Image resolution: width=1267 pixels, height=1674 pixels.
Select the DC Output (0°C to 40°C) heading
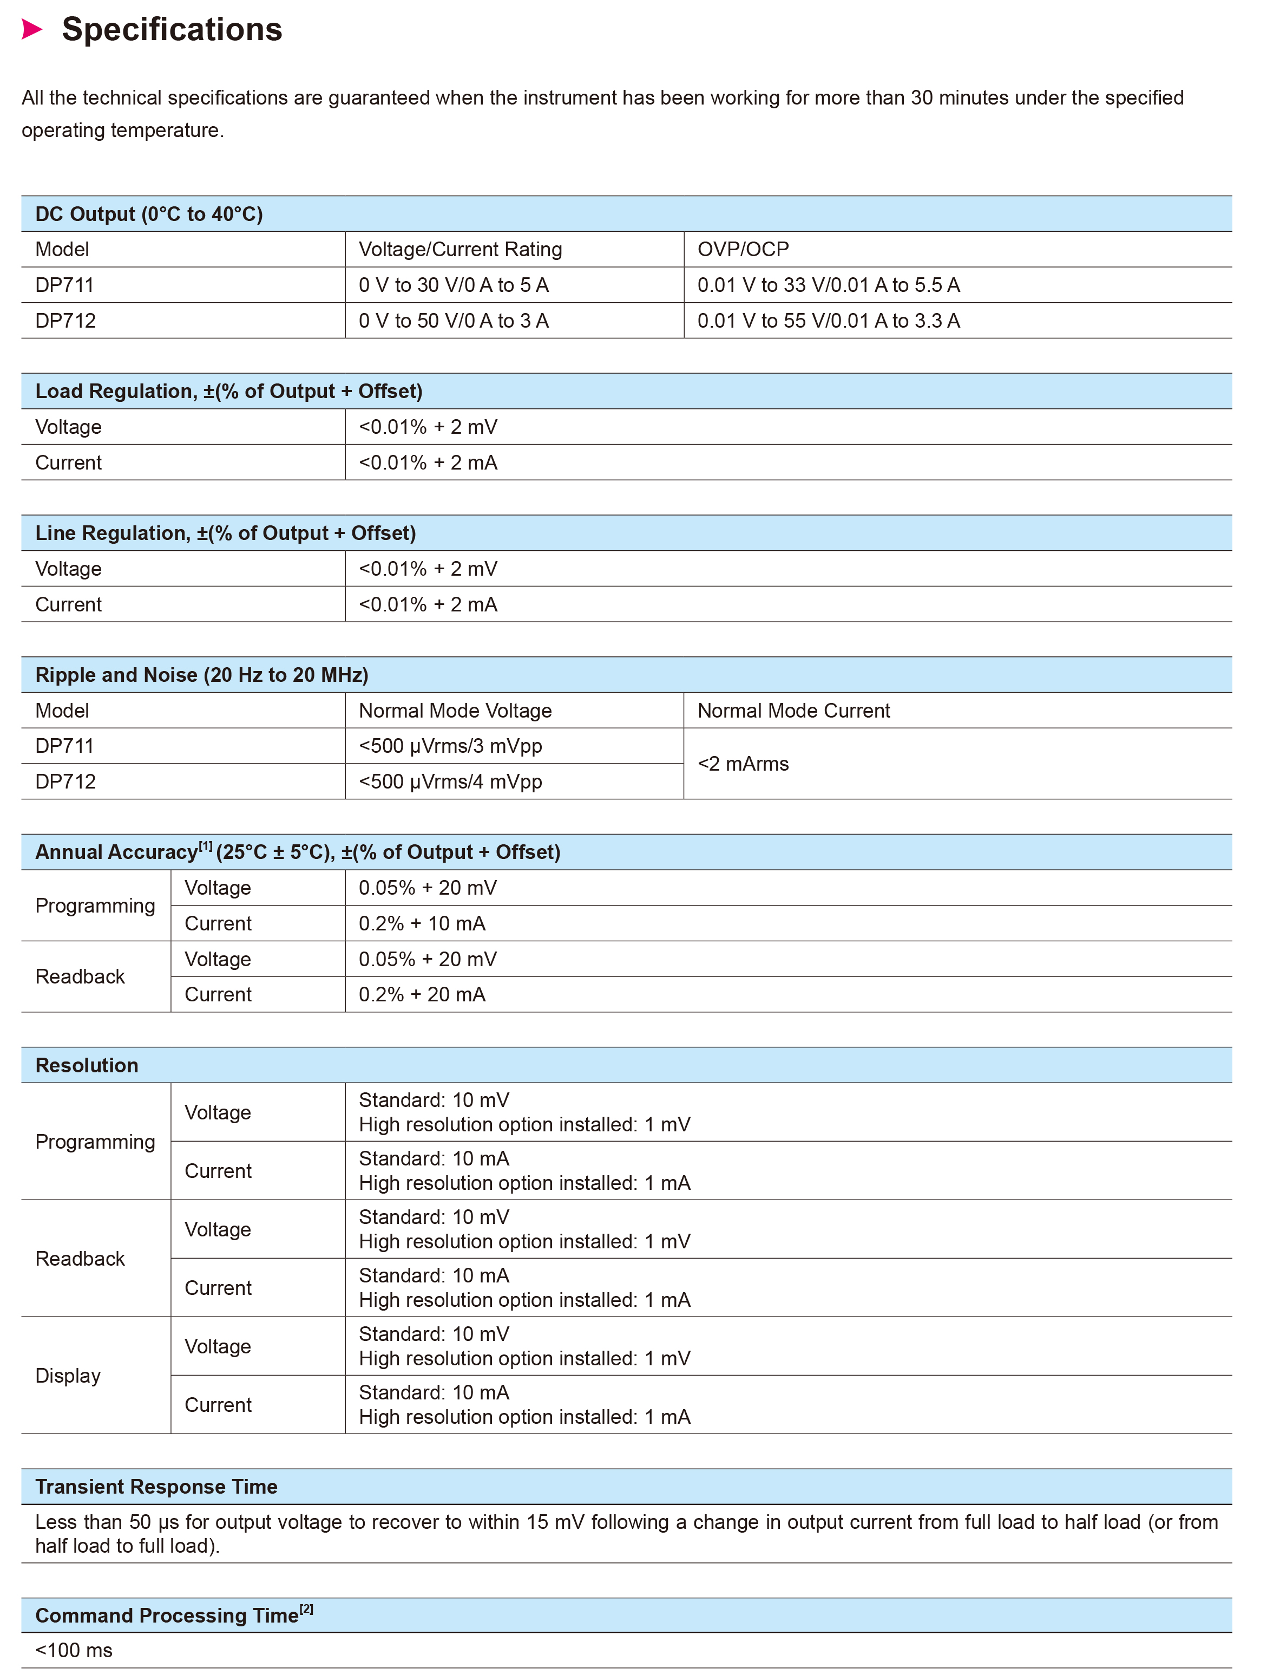(x=149, y=214)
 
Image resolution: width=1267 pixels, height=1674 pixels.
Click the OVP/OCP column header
(x=743, y=249)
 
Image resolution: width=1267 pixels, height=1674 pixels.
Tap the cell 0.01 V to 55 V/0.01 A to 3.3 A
(x=828, y=320)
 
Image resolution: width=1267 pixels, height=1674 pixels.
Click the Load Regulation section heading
(x=228, y=391)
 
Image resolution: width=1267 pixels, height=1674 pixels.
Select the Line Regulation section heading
(x=225, y=533)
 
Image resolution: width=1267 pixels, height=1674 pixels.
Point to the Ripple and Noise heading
(x=201, y=674)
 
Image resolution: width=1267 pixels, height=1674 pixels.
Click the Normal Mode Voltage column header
(x=455, y=710)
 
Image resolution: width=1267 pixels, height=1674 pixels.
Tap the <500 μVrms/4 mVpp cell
(x=450, y=781)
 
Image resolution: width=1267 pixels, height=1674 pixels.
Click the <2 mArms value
(x=743, y=764)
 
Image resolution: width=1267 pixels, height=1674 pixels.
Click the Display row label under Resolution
(x=68, y=1375)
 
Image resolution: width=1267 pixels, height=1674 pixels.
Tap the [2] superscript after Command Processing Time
(x=306, y=1609)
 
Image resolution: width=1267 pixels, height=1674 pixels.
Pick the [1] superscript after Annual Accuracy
(x=205, y=846)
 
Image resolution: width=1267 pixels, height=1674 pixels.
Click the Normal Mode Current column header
(x=793, y=710)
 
